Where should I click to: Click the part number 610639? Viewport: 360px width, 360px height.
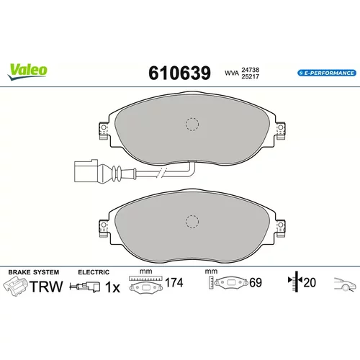pyautogui.click(x=179, y=73)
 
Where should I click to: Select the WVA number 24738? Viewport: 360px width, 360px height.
pyautogui.click(x=250, y=70)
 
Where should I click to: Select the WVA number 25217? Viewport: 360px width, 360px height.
pyautogui.click(x=250, y=76)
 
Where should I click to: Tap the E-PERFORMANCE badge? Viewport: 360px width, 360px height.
pyautogui.click(x=327, y=73)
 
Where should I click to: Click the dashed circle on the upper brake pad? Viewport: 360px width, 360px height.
pyautogui.click(x=192, y=125)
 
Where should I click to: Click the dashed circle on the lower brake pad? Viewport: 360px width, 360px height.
pyautogui.click(x=192, y=221)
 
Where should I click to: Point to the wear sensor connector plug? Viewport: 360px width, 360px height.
pyautogui.click(x=86, y=171)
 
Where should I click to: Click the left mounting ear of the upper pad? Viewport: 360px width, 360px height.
pyautogui.click(x=104, y=130)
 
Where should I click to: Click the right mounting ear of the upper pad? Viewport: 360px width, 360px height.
pyautogui.click(x=280, y=130)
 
